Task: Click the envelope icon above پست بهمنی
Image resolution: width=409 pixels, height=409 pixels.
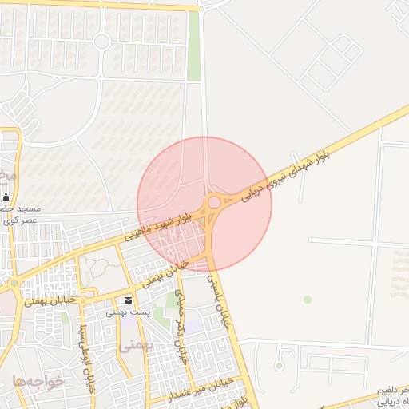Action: pyautogui.click(x=129, y=300)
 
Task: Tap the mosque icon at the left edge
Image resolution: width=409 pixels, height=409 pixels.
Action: pyautogui.click(x=6, y=197)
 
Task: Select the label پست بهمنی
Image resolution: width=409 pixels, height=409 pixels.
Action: pyautogui.click(x=125, y=312)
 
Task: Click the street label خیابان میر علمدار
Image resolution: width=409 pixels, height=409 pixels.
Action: pyautogui.click(x=199, y=389)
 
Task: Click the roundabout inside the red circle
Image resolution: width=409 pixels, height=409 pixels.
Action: pyautogui.click(x=215, y=203)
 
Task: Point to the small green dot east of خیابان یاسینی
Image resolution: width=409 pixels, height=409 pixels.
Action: pyautogui.click(x=308, y=300)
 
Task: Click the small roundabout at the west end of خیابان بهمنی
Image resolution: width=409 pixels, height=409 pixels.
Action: pyautogui.click(x=14, y=283)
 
